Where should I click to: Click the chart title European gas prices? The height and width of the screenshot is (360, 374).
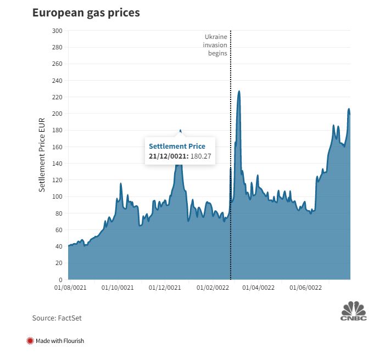[x=86, y=12]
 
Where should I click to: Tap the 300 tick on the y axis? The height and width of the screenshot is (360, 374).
[x=57, y=31]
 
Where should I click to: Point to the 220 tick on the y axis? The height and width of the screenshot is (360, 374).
[x=57, y=97]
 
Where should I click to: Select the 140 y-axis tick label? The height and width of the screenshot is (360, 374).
[x=57, y=164]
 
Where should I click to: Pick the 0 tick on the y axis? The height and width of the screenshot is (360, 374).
[x=60, y=280]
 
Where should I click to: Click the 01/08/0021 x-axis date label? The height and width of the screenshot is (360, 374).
[x=70, y=288]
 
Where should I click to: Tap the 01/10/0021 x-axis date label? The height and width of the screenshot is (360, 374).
[x=118, y=288]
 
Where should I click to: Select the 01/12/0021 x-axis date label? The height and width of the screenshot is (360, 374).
[x=165, y=288]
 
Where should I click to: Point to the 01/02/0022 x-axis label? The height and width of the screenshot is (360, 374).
[x=213, y=288]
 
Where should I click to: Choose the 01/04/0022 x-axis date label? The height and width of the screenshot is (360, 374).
[x=259, y=288]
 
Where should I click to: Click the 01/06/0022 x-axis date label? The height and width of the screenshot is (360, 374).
[x=306, y=288]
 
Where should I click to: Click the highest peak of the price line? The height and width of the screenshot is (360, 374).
[x=239, y=92]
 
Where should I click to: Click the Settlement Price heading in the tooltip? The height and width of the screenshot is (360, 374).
[x=177, y=146]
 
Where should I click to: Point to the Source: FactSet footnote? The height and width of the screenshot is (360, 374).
[x=57, y=318]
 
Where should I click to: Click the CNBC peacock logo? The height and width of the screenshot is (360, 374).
[x=353, y=310]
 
